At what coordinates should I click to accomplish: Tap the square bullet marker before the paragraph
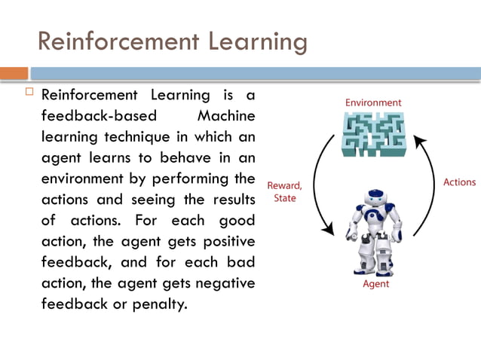(x=29, y=93)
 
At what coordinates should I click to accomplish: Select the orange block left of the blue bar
(x=14, y=73)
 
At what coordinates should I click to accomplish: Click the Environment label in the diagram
(x=373, y=102)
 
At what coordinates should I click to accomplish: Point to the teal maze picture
(x=374, y=134)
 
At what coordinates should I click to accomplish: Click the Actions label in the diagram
(x=459, y=182)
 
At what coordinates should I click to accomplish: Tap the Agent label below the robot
(x=375, y=284)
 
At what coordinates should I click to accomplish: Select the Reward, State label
(x=285, y=191)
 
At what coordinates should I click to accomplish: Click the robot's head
(x=375, y=197)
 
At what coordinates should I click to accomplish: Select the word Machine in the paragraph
(x=225, y=117)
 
